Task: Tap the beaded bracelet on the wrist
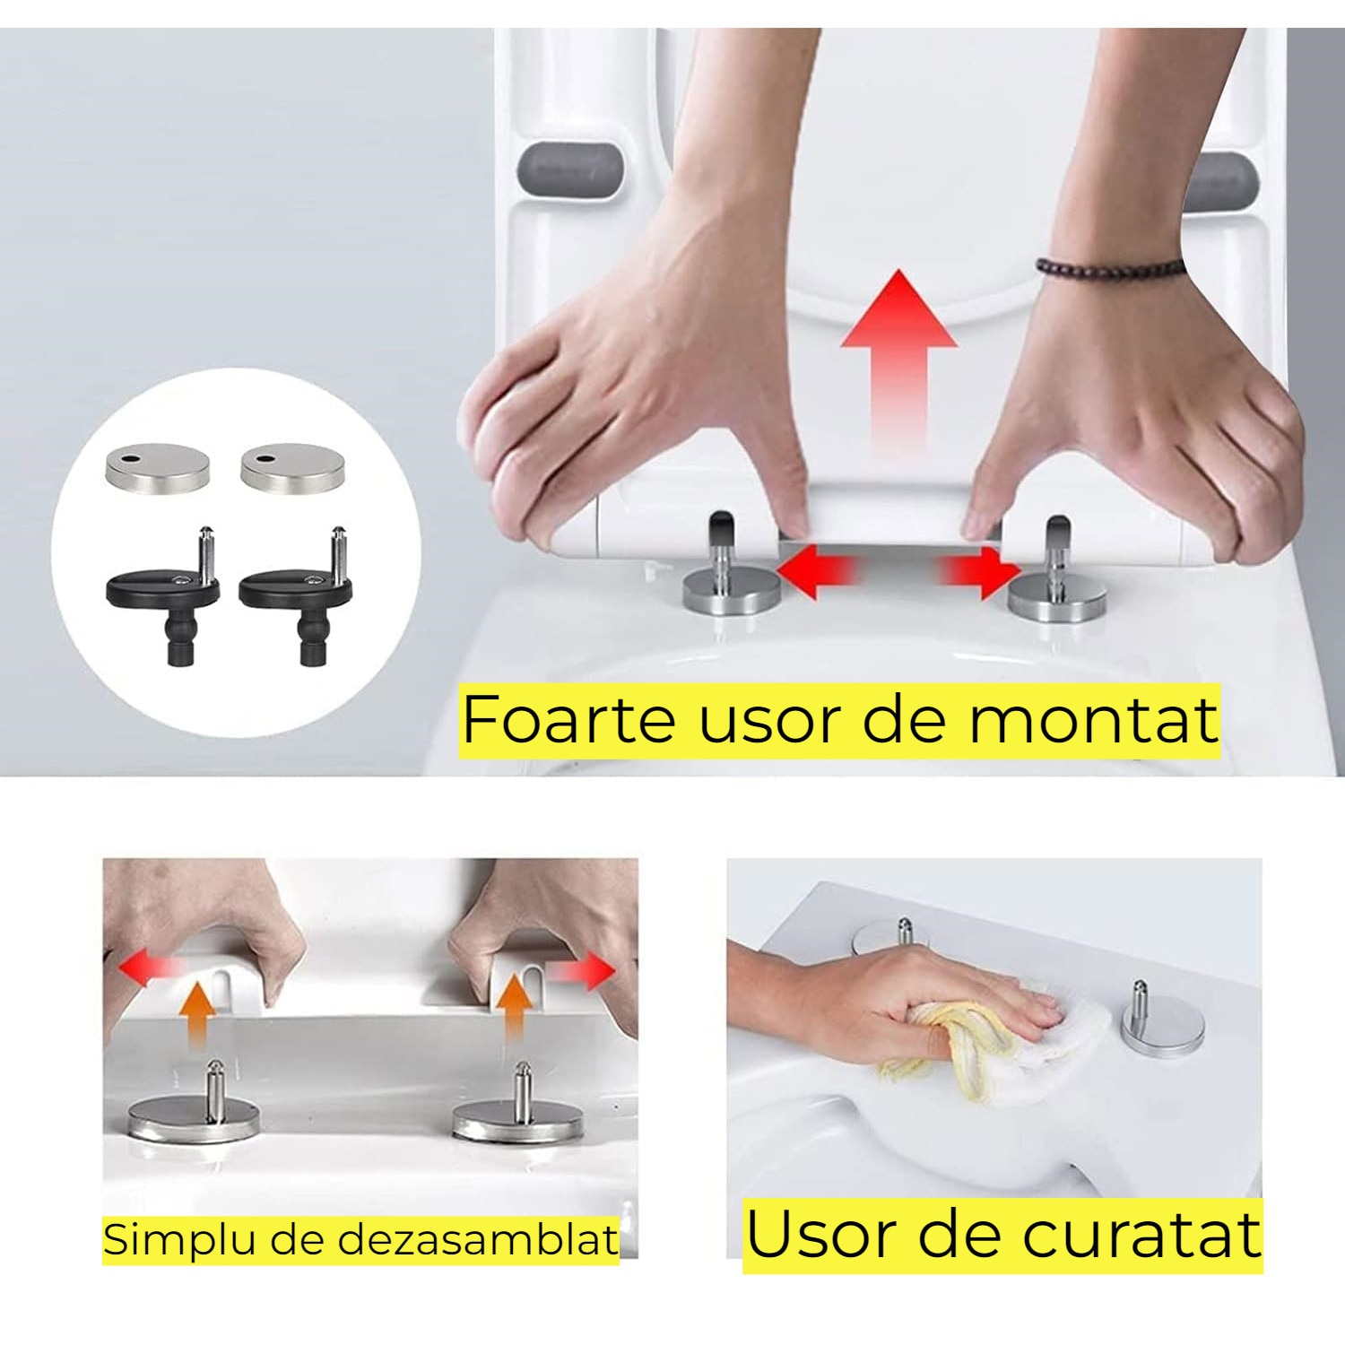point(1110,266)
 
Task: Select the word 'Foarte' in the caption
point(568,719)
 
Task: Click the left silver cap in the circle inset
point(158,466)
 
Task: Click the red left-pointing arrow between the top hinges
point(816,571)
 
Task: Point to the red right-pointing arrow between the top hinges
point(982,571)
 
